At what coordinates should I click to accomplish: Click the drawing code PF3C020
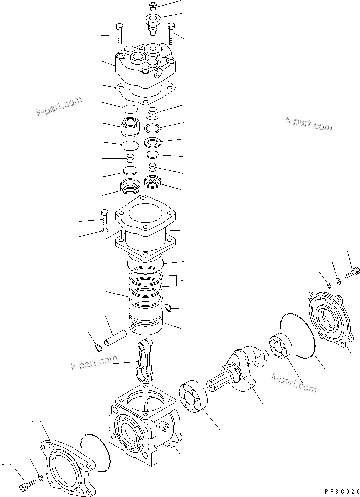pos(343,491)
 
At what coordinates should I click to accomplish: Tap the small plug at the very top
pos(153,6)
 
